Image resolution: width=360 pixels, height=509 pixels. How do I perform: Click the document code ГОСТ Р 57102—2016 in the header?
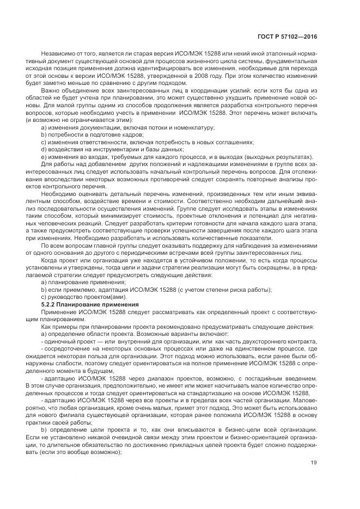pyautogui.click(x=286, y=36)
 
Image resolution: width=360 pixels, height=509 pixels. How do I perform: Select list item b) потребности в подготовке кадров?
pyautogui.click(x=90, y=134)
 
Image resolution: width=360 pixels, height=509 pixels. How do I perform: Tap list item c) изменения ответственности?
pyautogui.click(x=147, y=141)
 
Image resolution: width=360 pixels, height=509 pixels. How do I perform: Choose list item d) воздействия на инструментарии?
pyautogui.click(x=112, y=148)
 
